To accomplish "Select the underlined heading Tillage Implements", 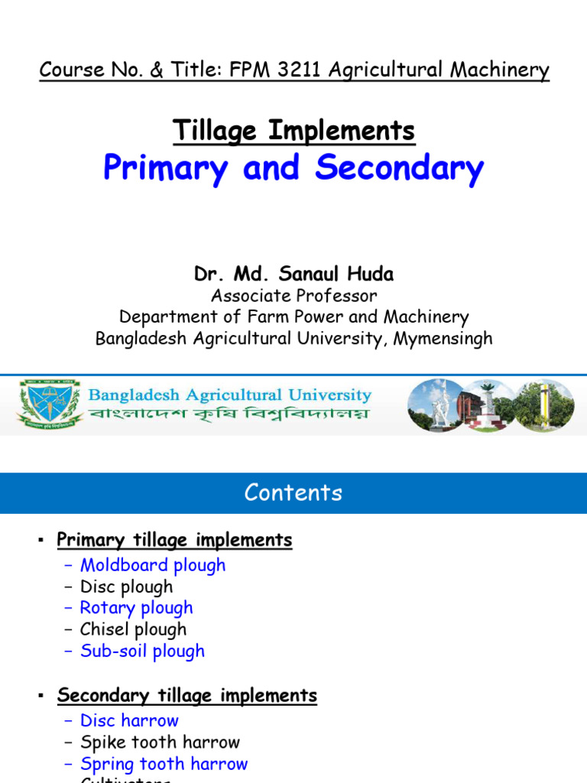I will click(x=293, y=131).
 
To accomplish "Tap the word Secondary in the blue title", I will click(x=399, y=168).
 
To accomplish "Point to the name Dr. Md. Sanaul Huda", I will click(x=293, y=274).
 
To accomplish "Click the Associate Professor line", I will click(x=293, y=295).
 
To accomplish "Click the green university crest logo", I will click(x=51, y=404).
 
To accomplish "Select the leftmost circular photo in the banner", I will click(x=436, y=405).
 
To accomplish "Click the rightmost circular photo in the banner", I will click(x=543, y=405).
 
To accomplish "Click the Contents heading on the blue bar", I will click(x=293, y=492).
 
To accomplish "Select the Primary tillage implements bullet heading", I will click(x=174, y=541).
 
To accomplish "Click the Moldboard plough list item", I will click(x=153, y=565).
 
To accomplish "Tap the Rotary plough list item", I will click(x=136, y=608).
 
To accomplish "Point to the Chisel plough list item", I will click(x=133, y=629).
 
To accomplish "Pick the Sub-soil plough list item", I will click(x=142, y=651).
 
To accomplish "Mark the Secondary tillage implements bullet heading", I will click(x=186, y=696).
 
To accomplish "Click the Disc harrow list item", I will click(x=129, y=720).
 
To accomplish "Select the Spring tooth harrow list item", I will click(x=164, y=763).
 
